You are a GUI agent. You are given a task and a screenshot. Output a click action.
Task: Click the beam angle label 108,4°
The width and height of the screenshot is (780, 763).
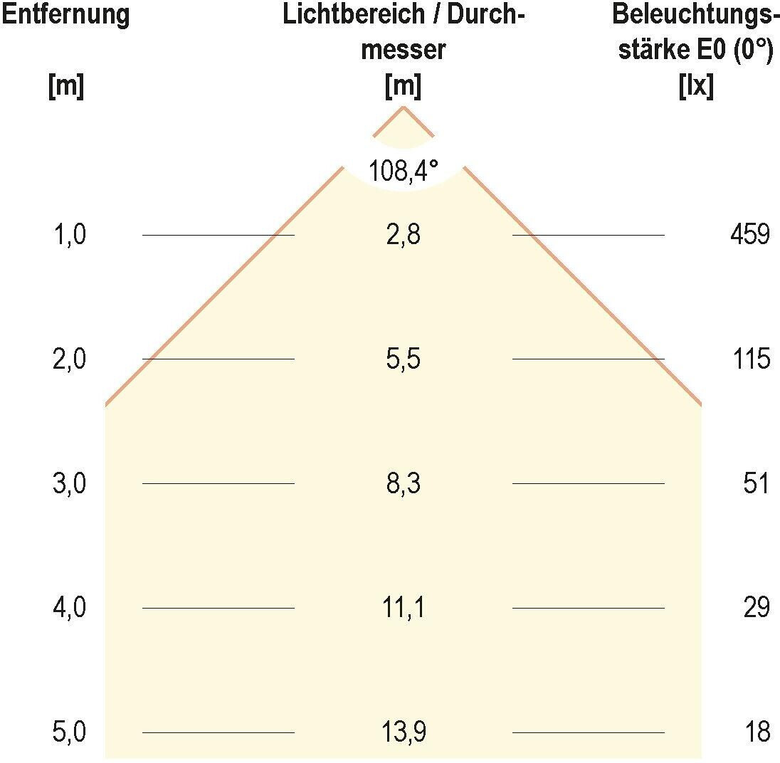(x=404, y=172)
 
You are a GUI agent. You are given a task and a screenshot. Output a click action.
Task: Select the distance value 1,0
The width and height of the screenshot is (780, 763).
(x=70, y=235)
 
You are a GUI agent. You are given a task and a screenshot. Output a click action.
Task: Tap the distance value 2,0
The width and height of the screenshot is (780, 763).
(x=70, y=359)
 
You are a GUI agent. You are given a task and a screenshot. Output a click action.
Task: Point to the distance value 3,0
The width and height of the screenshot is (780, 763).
(x=70, y=484)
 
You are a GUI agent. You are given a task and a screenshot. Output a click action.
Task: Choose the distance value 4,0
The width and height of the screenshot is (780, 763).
(x=70, y=609)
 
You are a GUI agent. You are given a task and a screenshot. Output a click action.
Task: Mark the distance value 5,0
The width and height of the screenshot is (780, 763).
(x=70, y=732)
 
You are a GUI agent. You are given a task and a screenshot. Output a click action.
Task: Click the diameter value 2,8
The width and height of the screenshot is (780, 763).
(x=404, y=235)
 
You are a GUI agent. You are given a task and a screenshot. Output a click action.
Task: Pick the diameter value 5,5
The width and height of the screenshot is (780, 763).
(x=404, y=359)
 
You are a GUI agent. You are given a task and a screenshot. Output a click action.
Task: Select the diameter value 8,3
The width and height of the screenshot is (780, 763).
(x=404, y=484)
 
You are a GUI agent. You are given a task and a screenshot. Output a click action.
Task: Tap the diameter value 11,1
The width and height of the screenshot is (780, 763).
(x=404, y=609)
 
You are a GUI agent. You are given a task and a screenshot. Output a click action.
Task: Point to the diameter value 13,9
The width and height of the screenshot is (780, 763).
(x=404, y=732)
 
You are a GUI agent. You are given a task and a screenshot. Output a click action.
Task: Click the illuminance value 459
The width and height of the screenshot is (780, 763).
(x=750, y=235)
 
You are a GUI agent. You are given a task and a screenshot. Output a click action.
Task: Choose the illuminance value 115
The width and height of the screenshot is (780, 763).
(x=752, y=359)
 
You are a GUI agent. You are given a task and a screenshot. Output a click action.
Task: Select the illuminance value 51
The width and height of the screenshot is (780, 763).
(x=757, y=484)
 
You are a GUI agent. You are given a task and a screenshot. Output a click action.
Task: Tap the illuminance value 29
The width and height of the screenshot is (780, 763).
(x=757, y=609)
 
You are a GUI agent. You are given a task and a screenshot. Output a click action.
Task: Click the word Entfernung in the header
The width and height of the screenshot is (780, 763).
(x=65, y=15)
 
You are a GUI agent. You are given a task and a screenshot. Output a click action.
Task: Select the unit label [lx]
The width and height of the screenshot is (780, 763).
(x=697, y=87)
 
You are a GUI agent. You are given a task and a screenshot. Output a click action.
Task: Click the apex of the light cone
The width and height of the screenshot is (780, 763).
(x=404, y=107)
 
